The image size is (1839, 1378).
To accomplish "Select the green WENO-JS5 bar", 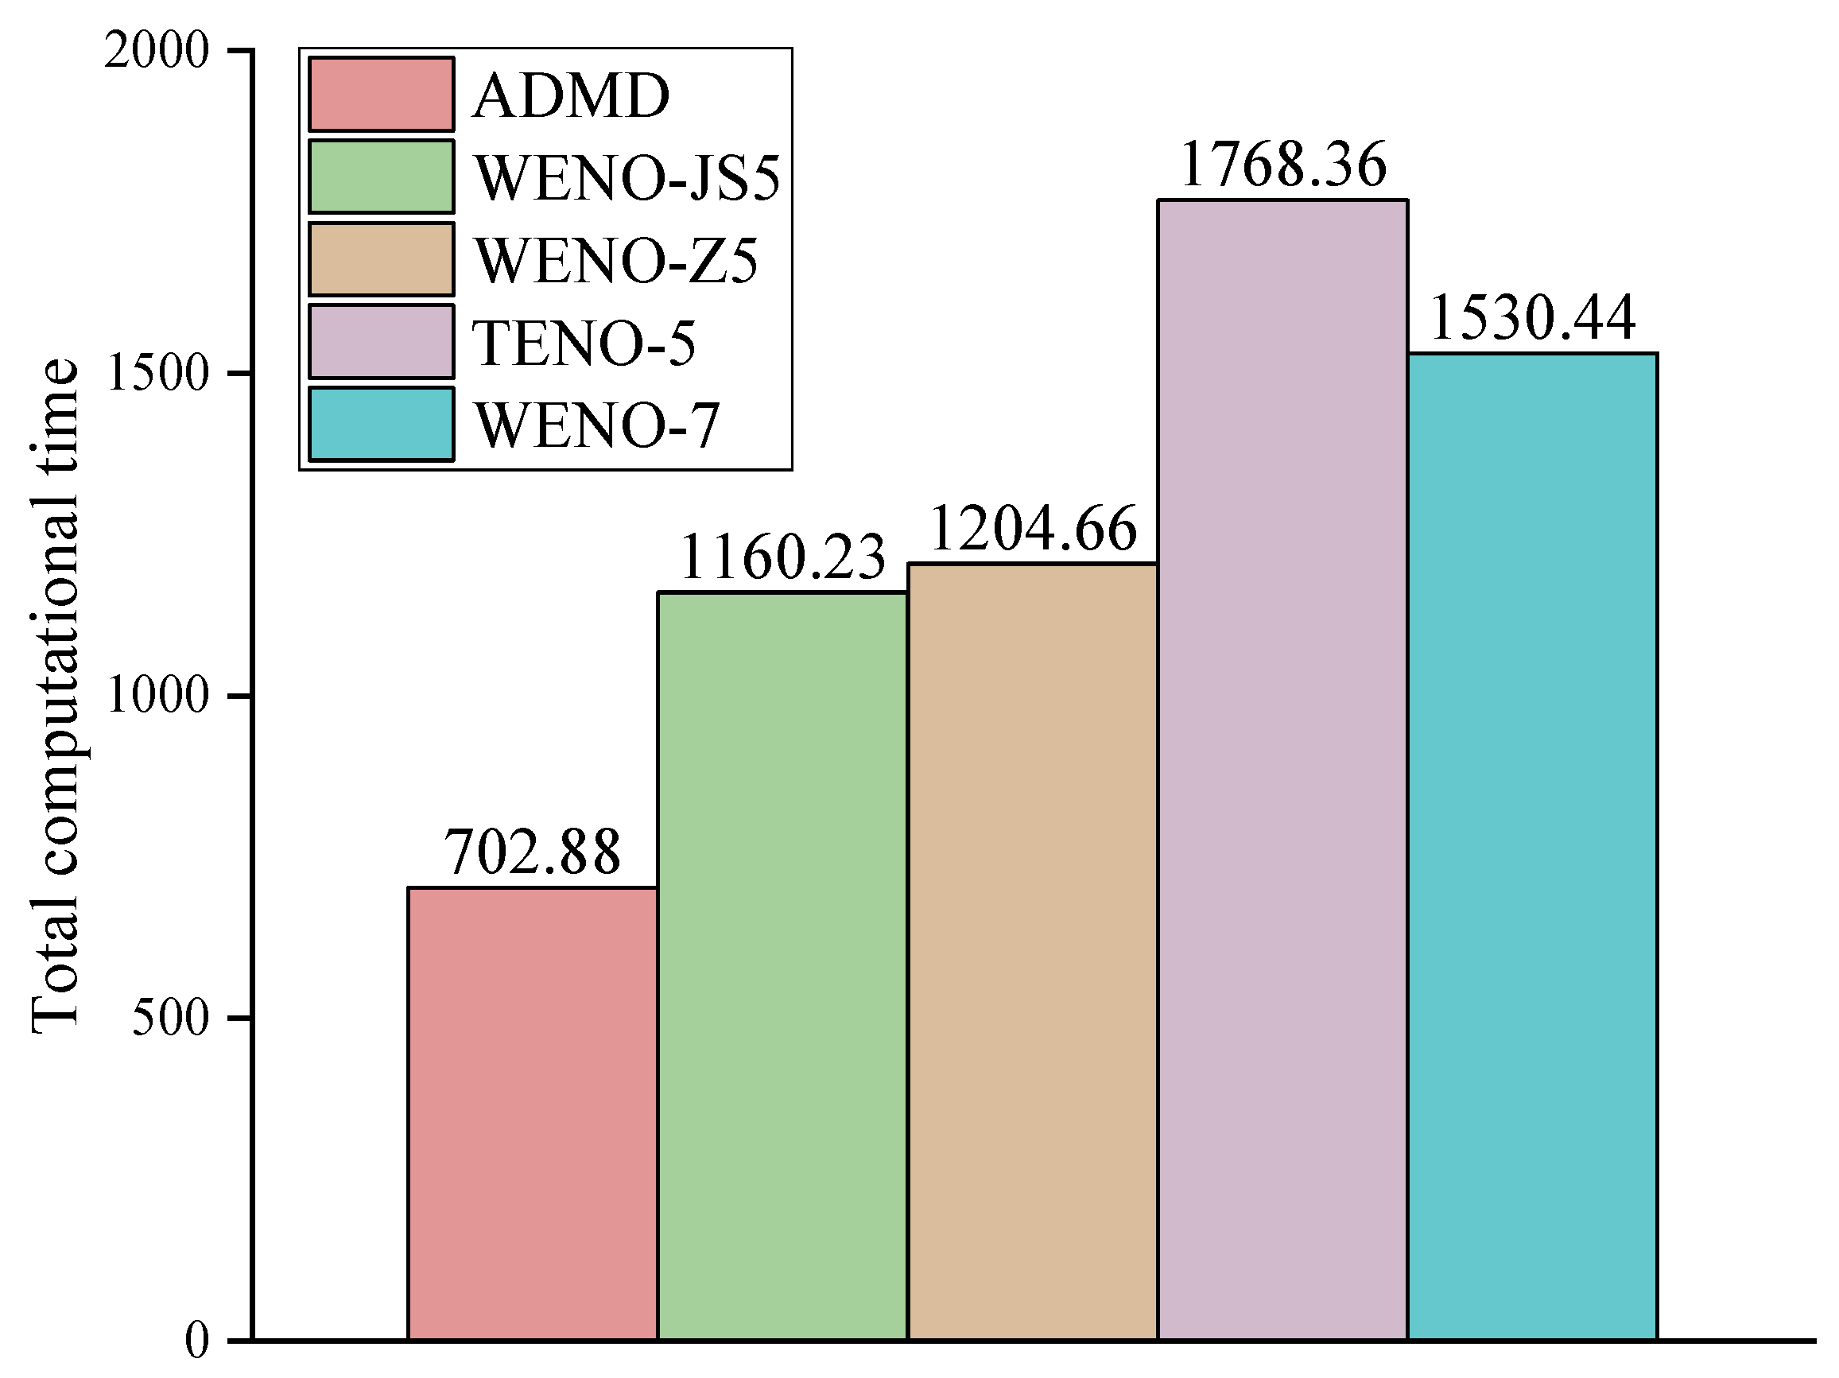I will [x=782, y=965].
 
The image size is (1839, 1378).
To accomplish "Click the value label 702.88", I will [x=532, y=853].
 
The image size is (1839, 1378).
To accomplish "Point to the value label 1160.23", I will [x=782, y=557].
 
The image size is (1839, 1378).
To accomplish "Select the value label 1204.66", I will [x=1033, y=529].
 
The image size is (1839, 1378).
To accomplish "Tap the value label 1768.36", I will [x=1282, y=165].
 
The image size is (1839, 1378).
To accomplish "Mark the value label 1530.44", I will [x=1532, y=319].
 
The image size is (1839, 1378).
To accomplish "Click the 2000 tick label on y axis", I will [x=157, y=52].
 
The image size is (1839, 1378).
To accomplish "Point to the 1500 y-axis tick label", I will [x=157, y=375].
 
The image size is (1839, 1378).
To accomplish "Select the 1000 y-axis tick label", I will [x=157, y=696].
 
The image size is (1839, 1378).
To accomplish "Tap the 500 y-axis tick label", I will [x=170, y=1018].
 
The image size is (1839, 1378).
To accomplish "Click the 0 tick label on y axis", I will [x=197, y=1341].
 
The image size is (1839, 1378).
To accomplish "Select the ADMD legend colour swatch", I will [x=381, y=94].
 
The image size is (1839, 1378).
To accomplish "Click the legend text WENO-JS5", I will [x=627, y=178].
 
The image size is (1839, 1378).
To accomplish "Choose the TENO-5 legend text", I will [x=584, y=344].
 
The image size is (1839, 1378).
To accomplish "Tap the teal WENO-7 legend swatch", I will [x=381, y=424].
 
